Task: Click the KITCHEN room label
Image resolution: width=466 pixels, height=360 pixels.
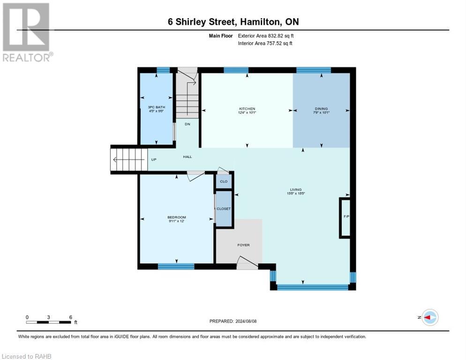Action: point(247,109)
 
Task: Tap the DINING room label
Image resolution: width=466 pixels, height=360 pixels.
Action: point(321,109)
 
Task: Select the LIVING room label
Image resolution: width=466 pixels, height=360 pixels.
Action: point(296,190)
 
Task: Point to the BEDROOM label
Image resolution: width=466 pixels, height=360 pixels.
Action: point(177,217)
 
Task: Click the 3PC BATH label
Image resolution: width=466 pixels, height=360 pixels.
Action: point(156,107)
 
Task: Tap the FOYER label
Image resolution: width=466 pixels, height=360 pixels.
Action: point(243,245)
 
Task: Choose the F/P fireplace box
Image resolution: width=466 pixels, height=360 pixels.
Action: point(345,218)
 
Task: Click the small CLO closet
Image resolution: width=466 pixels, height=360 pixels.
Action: point(224,181)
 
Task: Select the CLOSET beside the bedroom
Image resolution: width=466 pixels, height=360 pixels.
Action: point(224,209)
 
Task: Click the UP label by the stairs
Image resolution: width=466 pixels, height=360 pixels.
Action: point(154,160)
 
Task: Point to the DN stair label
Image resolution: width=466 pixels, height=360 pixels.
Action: point(187,124)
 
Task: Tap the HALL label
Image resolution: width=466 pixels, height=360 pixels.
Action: point(187,157)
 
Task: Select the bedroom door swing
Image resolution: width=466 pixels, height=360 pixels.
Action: point(195,176)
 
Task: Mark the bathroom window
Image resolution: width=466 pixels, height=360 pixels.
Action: point(163,70)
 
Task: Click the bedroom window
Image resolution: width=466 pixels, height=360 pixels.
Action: point(176,266)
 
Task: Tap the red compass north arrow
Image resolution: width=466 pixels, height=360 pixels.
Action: point(427,317)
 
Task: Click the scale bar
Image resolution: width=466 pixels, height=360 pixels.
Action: point(48,322)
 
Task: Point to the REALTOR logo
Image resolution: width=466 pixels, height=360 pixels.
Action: point(27,32)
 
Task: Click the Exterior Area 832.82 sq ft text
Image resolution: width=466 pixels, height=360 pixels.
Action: point(266,36)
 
